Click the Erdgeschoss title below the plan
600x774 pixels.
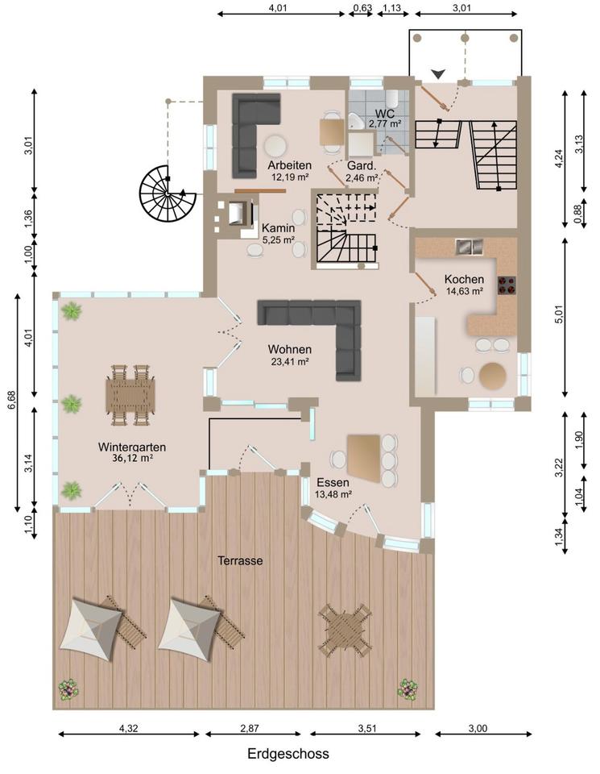point(288,754)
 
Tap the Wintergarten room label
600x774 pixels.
point(131,447)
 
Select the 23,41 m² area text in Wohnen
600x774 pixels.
point(290,361)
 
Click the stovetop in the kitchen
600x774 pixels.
point(507,285)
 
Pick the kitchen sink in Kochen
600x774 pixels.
point(469,247)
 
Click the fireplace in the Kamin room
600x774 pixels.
point(238,213)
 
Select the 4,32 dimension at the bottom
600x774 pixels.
point(129,728)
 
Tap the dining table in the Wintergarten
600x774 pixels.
point(130,395)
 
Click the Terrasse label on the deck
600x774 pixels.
point(240,561)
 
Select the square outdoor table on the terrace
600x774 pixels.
point(345,630)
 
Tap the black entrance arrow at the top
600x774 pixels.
point(438,74)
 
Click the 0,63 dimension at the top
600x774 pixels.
point(362,7)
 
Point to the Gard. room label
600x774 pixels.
point(362,165)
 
